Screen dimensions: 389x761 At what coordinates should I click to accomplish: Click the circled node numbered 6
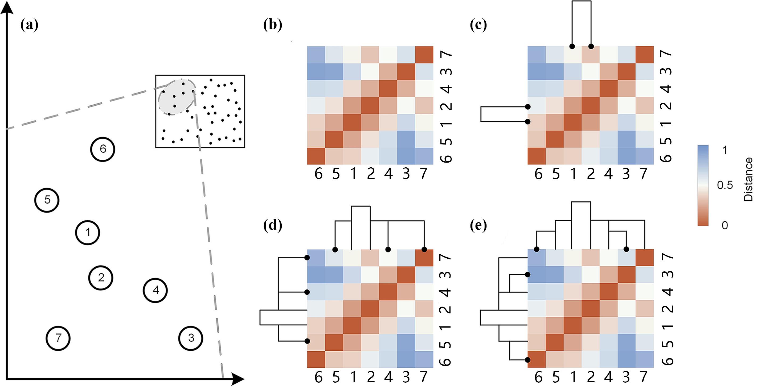pyautogui.click(x=103, y=149)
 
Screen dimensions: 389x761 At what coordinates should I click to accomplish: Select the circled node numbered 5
pyautogui.click(x=47, y=200)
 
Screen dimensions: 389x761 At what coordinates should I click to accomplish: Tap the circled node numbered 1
pyautogui.click(x=88, y=233)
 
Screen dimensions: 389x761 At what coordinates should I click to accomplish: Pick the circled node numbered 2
pyautogui.click(x=101, y=278)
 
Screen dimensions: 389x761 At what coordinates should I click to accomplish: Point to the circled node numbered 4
pyautogui.click(x=156, y=291)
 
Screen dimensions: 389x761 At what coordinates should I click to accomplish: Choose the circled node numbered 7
pyautogui.click(x=58, y=338)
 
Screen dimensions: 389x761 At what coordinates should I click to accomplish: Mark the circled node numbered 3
pyautogui.click(x=191, y=338)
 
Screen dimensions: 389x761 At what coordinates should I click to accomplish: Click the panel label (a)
pyautogui.click(x=29, y=25)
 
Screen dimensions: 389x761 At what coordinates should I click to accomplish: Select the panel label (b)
pyautogui.click(x=272, y=25)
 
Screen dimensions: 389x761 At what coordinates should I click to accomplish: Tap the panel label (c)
pyautogui.click(x=478, y=25)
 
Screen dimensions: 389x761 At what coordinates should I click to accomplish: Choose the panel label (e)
pyautogui.click(x=478, y=226)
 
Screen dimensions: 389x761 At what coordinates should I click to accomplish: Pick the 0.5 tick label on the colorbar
pyautogui.click(x=725, y=185)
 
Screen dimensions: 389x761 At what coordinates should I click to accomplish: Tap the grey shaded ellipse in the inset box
pyautogui.click(x=176, y=97)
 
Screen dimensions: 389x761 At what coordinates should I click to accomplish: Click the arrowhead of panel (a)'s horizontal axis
pyautogui.click(x=238, y=379)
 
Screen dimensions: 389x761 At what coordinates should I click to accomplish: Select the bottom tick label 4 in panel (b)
pyautogui.click(x=388, y=173)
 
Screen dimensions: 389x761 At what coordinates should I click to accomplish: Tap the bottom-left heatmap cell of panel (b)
pyautogui.click(x=316, y=156)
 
